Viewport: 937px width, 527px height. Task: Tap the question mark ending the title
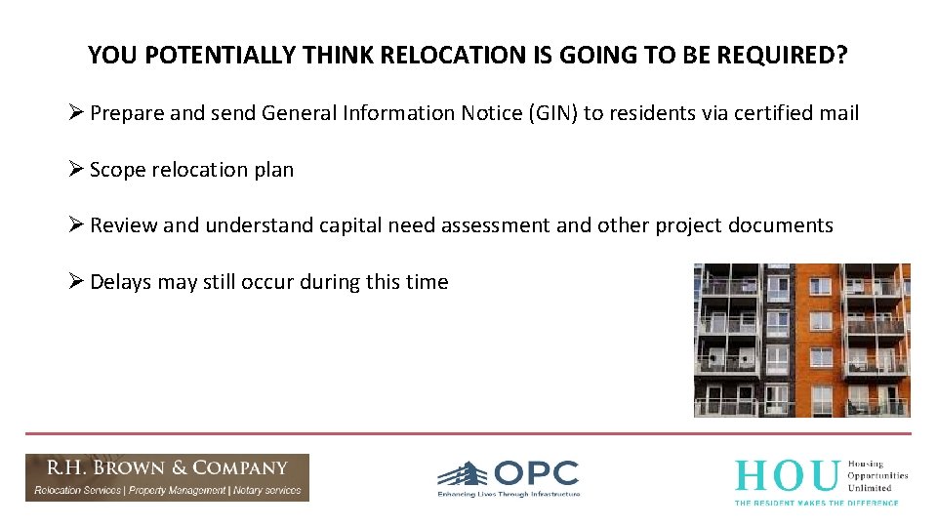pos(841,56)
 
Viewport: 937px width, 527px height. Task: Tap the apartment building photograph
pos(801,340)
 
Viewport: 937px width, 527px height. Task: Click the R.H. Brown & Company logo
pos(167,477)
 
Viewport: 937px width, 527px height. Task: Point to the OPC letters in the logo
pos(537,473)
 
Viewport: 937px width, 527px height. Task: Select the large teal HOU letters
pos(786,476)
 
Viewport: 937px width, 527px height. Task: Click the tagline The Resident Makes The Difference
pos(816,502)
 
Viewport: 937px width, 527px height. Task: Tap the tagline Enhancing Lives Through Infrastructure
pos(508,495)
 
